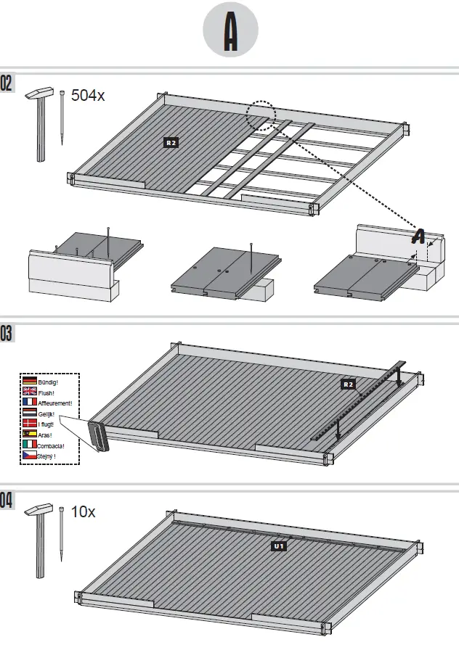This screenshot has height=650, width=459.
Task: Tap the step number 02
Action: point(7,83)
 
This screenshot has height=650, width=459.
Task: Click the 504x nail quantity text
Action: point(88,96)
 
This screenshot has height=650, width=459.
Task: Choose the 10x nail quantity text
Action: point(84,512)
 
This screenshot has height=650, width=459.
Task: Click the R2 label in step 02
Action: point(171,143)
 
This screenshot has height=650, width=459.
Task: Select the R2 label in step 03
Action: point(348,383)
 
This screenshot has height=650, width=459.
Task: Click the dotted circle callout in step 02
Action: point(260,115)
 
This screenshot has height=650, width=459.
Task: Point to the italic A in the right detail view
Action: point(419,236)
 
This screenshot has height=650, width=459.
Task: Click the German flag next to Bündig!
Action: point(30,381)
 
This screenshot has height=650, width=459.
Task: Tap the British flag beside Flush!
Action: point(30,392)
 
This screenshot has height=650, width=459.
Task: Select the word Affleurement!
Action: point(55,403)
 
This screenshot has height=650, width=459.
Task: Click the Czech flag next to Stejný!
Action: point(30,456)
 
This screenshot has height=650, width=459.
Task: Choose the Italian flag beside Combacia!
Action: point(30,445)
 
